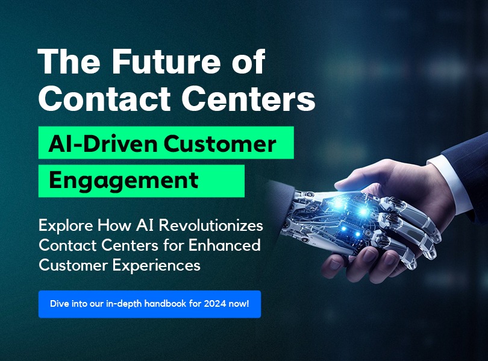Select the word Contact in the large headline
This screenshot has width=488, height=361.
(x=104, y=99)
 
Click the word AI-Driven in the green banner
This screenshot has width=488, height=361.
(x=102, y=143)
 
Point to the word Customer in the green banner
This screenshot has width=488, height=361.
(x=220, y=143)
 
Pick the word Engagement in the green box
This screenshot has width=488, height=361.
(x=124, y=181)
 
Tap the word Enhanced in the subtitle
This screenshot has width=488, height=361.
(x=224, y=245)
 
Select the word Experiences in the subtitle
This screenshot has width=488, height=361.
(x=156, y=266)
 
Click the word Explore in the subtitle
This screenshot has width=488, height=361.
(x=66, y=225)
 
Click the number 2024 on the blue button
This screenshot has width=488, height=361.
(x=214, y=303)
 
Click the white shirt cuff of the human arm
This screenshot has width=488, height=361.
(x=448, y=184)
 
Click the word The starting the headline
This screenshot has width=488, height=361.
(x=69, y=61)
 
